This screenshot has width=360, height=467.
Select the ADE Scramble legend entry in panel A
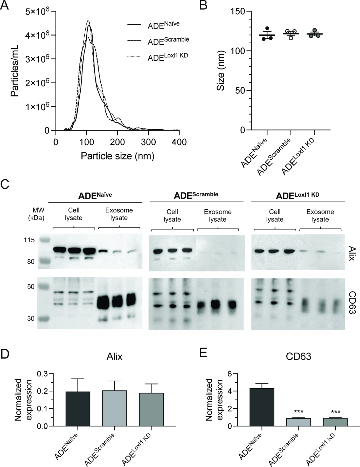click(168, 41)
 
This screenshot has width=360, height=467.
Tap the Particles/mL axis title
click(15, 70)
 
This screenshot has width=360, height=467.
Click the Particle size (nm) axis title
click(117, 156)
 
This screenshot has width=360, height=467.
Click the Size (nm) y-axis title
click(220, 71)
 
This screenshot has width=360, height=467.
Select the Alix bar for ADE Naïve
click(78, 409)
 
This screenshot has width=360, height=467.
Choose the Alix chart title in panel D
click(114, 357)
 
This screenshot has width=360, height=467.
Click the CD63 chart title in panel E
click(299, 356)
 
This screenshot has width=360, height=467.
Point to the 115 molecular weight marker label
click(29, 240)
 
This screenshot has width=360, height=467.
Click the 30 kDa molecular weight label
click(31, 318)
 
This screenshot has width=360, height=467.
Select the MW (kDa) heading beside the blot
click(36, 214)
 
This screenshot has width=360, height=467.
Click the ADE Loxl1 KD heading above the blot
click(297, 195)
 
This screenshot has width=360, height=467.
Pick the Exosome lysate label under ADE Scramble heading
click(218, 216)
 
